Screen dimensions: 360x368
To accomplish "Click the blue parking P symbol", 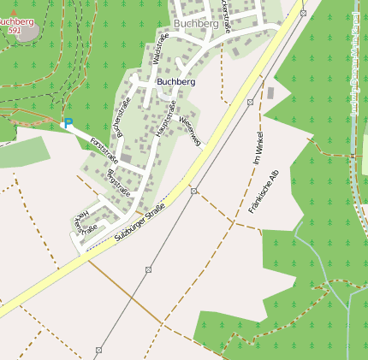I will [68, 124].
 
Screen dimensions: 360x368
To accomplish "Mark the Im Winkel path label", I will [258, 147].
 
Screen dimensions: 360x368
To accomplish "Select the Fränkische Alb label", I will [264, 192].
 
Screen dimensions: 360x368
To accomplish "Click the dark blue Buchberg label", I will [175, 82].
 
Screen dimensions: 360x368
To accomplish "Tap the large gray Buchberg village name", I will [195, 25].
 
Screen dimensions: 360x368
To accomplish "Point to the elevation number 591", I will [14, 30].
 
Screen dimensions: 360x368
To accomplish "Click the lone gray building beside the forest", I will [270, 92].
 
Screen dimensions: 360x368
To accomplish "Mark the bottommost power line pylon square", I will [98, 350].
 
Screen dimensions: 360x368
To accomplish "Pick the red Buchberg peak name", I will [16, 21].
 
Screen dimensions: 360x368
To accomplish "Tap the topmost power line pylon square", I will [302, 13].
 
